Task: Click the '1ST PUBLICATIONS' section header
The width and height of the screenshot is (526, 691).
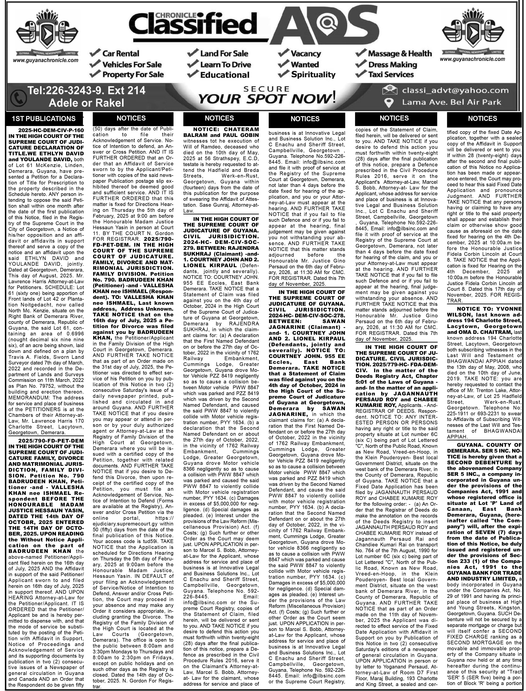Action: (44, 119)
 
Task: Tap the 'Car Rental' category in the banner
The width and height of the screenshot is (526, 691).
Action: (121, 54)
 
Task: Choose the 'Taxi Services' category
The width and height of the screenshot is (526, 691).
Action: (391, 75)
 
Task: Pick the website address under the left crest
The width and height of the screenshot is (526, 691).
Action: (46, 60)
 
